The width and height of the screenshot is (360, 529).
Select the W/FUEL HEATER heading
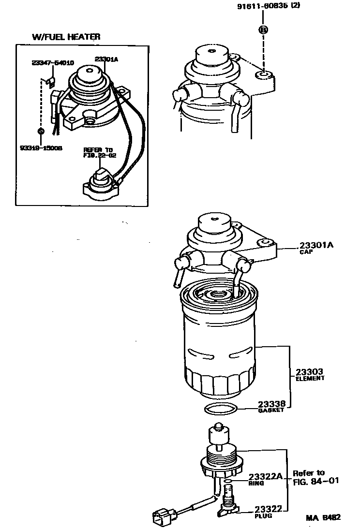pyautogui.click(x=66, y=37)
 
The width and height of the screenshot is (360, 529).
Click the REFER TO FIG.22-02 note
pyautogui.click(x=98, y=153)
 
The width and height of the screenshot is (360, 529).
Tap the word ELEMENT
pyautogui.click(x=310, y=378)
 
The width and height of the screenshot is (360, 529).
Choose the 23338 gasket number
pyautogui.click(x=271, y=404)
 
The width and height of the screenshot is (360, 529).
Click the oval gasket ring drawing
pyautogui.click(x=221, y=409)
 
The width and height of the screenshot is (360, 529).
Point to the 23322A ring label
pyautogui.click(x=265, y=476)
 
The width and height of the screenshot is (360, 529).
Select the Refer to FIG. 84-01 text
pyautogui.click(x=315, y=477)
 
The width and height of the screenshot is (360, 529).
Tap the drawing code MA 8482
pyautogui.click(x=323, y=517)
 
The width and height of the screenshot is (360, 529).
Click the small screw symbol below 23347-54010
pyautogui.click(x=41, y=131)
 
